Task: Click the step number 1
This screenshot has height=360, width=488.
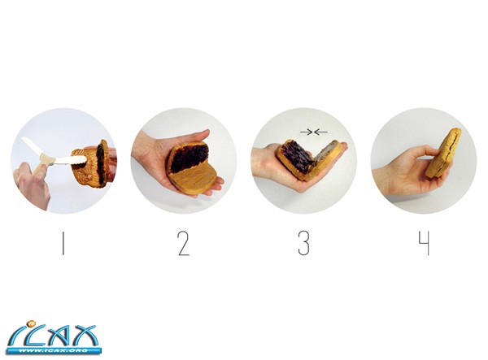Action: coord(63,244)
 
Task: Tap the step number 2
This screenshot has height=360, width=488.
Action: coord(183,244)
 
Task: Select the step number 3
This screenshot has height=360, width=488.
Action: coord(303,244)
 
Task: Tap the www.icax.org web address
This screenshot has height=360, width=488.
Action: coord(53,351)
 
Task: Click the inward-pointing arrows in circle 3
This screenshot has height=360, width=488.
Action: coord(314,132)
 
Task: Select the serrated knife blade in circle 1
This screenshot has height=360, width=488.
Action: coord(70,160)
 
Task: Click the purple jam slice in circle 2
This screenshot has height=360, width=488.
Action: coord(189,158)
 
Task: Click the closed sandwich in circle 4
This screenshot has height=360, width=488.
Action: coord(443,153)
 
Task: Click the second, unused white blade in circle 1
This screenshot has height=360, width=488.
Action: coord(31,147)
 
